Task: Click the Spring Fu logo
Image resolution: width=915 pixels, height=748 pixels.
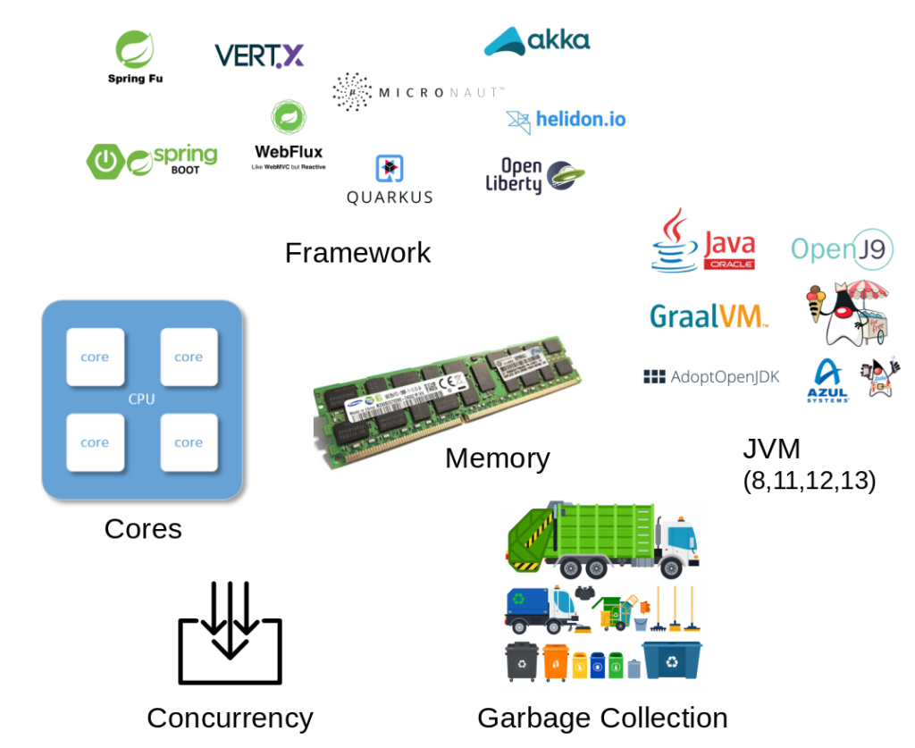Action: (x=135, y=57)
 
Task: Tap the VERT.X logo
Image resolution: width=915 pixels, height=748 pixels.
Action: (x=259, y=56)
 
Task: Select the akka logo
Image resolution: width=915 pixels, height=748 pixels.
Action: (x=537, y=41)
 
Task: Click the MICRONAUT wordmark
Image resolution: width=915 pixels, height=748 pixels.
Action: (x=441, y=92)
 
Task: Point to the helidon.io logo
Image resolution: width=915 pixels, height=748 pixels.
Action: (x=566, y=119)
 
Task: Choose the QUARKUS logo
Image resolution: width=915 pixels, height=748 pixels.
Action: (x=390, y=181)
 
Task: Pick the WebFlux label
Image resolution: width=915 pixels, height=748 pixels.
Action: (x=289, y=151)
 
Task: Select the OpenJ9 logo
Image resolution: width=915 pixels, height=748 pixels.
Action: (x=842, y=249)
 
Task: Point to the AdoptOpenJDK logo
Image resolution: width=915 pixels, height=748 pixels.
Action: (x=711, y=377)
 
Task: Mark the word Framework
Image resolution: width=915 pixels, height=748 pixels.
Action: (x=357, y=253)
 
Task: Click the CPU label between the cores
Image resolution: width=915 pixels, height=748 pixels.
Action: (x=141, y=399)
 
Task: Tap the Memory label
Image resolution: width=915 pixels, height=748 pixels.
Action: (x=497, y=458)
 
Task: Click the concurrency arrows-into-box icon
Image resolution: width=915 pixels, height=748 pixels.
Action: (x=230, y=633)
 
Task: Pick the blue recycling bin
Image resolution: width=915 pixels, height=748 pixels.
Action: (x=672, y=660)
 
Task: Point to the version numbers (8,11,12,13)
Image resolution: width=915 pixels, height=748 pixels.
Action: (x=809, y=481)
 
